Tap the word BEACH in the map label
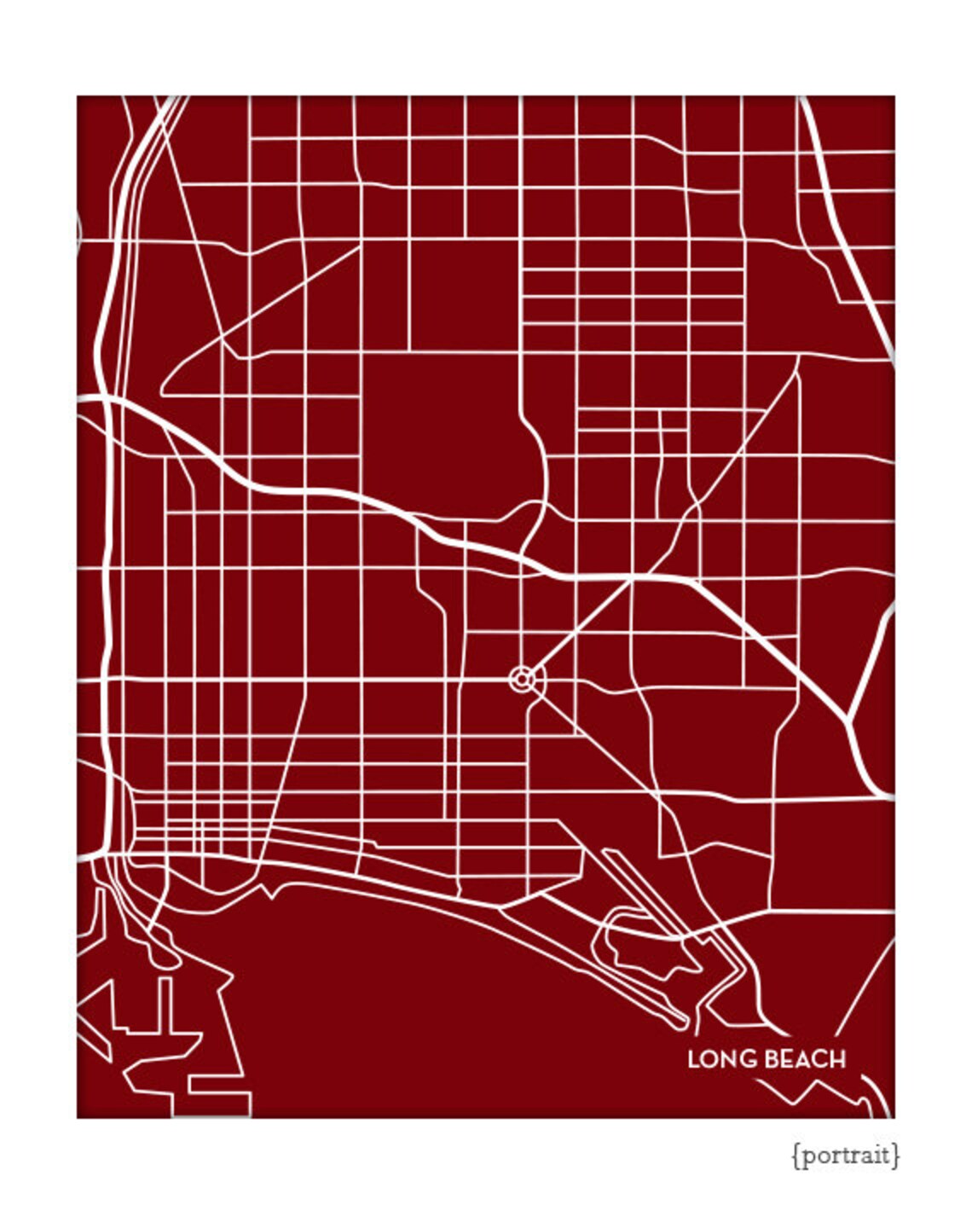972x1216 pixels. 804,1060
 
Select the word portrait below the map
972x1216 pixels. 846,1155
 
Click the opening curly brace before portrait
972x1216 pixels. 796,1156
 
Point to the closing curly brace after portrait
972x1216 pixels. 895,1156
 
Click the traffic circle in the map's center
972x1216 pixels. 524,680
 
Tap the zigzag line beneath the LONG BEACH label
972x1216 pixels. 810,1092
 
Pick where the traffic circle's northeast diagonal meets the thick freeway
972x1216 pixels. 633,579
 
